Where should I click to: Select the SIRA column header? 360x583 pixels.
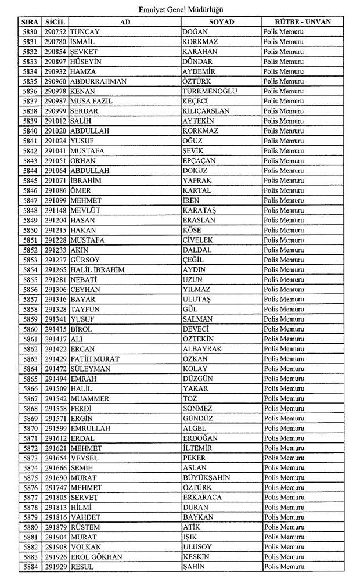pyautogui.click(x=29, y=22)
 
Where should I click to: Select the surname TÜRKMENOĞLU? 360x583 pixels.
pyautogui.click(x=210, y=91)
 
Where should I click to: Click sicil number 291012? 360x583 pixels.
pyautogui.click(x=56, y=121)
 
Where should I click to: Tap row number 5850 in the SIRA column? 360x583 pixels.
pyautogui.click(x=30, y=230)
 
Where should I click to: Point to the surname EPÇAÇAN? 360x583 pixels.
pyautogui.click(x=199, y=161)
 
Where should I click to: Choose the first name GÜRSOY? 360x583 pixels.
pyautogui.click(x=85, y=260)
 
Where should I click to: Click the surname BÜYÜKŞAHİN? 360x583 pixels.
pyautogui.click(x=206, y=478)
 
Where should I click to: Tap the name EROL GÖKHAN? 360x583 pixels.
pyautogui.click(x=96, y=557)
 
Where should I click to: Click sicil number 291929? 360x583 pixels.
pyautogui.click(x=56, y=567)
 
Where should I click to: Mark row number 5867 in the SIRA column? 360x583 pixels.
pyautogui.click(x=30, y=398)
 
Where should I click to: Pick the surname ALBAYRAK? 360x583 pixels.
pyautogui.click(x=203, y=349)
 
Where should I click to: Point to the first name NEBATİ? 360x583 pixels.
pyautogui.click(x=84, y=279)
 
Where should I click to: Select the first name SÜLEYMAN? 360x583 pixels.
pyautogui.click(x=89, y=369)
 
